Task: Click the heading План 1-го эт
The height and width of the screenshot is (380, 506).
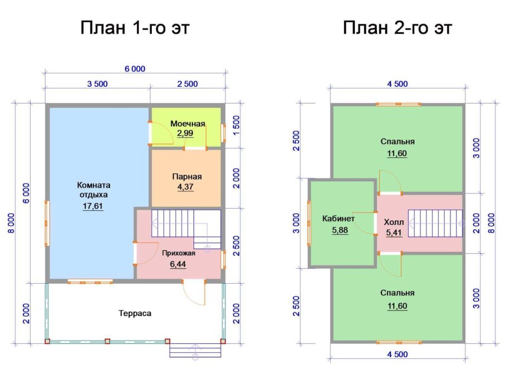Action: click(135, 28)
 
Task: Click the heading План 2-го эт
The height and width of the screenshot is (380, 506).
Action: click(397, 28)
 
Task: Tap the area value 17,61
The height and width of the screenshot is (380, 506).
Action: click(92, 206)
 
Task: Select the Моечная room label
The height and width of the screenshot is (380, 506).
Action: click(188, 124)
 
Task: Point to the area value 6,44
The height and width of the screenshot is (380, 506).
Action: click(177, 264)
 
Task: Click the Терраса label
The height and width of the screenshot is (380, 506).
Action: click(135, 313)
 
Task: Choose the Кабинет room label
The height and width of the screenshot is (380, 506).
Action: click(339, 219)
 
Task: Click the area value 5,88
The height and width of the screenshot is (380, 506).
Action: click(339, 230)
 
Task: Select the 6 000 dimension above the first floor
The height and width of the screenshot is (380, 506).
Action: click(135, 68)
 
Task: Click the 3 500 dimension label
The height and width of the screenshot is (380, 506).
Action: click(97, 84)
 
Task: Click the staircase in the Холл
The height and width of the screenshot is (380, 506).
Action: click(435, 223)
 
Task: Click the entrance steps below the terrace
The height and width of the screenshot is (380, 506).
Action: click(195, 349)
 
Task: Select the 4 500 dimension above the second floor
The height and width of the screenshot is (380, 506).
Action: click(397, 84)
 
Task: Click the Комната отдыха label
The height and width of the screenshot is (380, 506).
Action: click(93, 190)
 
